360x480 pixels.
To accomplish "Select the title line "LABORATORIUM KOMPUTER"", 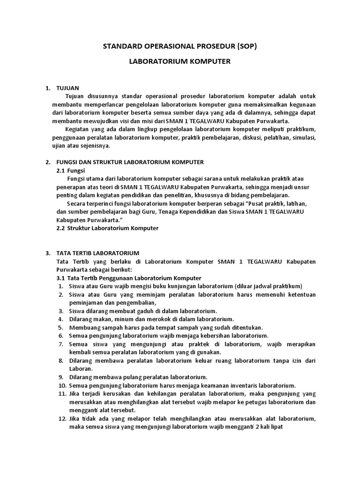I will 180,62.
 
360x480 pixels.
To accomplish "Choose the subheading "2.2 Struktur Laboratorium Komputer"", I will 107,228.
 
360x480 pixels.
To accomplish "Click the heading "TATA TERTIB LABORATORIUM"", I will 97,253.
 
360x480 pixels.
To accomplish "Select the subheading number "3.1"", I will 61,278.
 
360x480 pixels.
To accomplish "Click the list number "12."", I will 61,419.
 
